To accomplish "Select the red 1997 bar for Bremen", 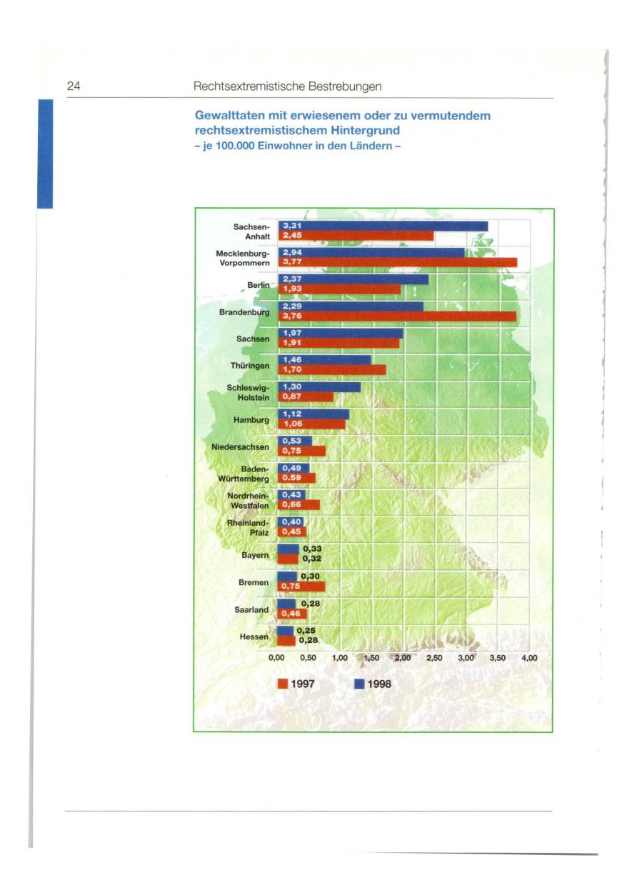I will pos(301,586).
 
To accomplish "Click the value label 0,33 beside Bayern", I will pos(311,549).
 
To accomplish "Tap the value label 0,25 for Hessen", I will pos(309,630).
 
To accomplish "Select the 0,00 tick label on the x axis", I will pos(277,659).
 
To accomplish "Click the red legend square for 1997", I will pos(282,684).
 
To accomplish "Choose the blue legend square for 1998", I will pos(361,684).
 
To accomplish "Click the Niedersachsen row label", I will pos(241,447).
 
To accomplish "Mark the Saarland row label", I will pos(251,610).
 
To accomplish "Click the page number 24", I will pos(74,86).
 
